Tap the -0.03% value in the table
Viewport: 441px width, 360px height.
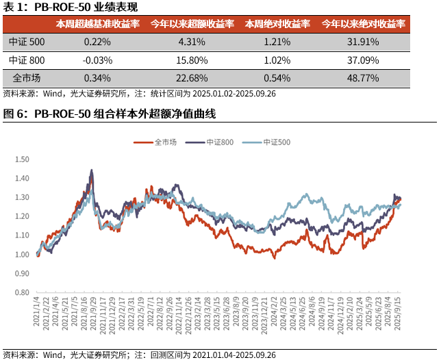coord(97,60)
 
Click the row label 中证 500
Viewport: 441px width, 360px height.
coord(27,42)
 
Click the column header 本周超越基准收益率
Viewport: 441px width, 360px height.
coord(97,24)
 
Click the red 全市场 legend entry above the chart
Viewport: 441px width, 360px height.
coord(164,142)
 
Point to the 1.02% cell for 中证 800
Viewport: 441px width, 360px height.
coord(278,60)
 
